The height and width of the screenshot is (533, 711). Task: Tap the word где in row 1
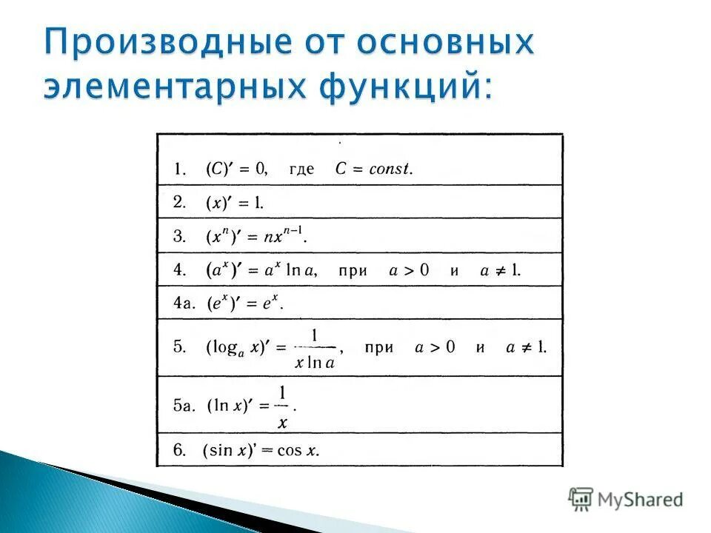tap(301, 170)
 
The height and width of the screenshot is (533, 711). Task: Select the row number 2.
tap(181, 201)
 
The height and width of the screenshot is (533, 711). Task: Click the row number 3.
tap(181, 237)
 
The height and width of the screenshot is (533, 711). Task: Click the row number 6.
tap(181, 450)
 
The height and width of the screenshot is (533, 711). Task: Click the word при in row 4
tap(353, 271)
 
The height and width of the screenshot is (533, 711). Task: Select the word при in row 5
tap(379, 347)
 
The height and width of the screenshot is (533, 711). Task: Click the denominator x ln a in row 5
tap(315, 363)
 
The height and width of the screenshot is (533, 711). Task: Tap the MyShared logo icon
tap(581, 498)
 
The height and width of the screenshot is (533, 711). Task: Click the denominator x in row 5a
tap(283, 423)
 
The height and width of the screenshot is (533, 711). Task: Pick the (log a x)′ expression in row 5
tap(235, 348)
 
